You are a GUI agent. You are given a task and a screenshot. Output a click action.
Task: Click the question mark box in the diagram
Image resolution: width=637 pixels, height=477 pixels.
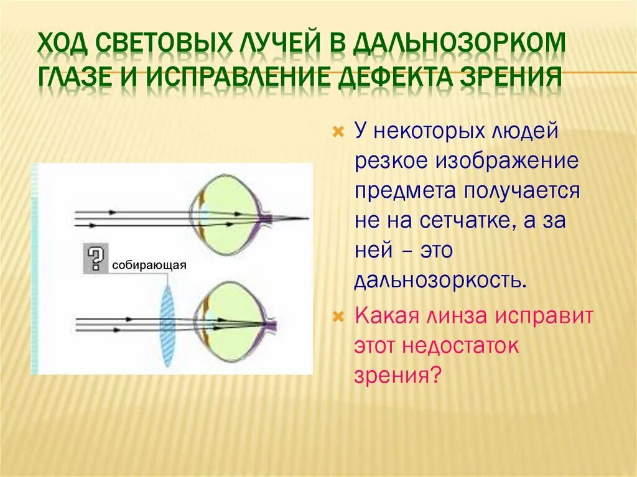pyautogui.click(x=94, y=257)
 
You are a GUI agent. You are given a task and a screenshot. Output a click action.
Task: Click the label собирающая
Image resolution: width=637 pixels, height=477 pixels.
pyautogui.click(x=149, y=266)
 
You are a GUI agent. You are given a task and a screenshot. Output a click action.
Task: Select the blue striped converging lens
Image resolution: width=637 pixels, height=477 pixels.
pyautogui.click(x=167, y=323)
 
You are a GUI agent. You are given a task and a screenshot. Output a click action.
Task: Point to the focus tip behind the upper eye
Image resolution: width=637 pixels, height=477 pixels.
pyautogui.click(x=307, y=218)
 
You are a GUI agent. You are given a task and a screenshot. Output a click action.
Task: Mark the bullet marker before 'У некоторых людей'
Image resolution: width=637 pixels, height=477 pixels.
pyautogui.click(x=338, y=132)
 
